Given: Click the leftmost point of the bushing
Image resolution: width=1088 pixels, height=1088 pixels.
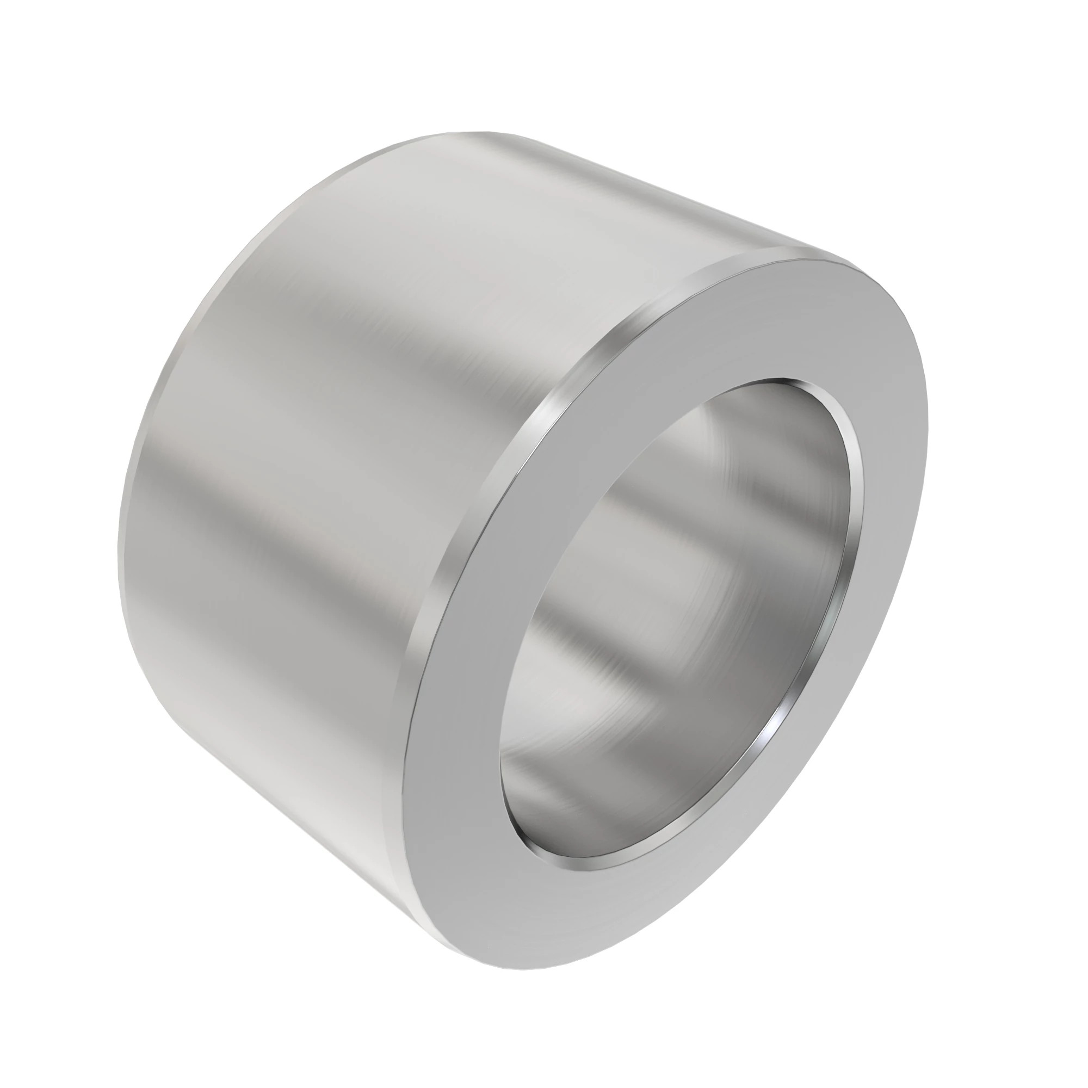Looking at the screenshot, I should coord(117,558).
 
